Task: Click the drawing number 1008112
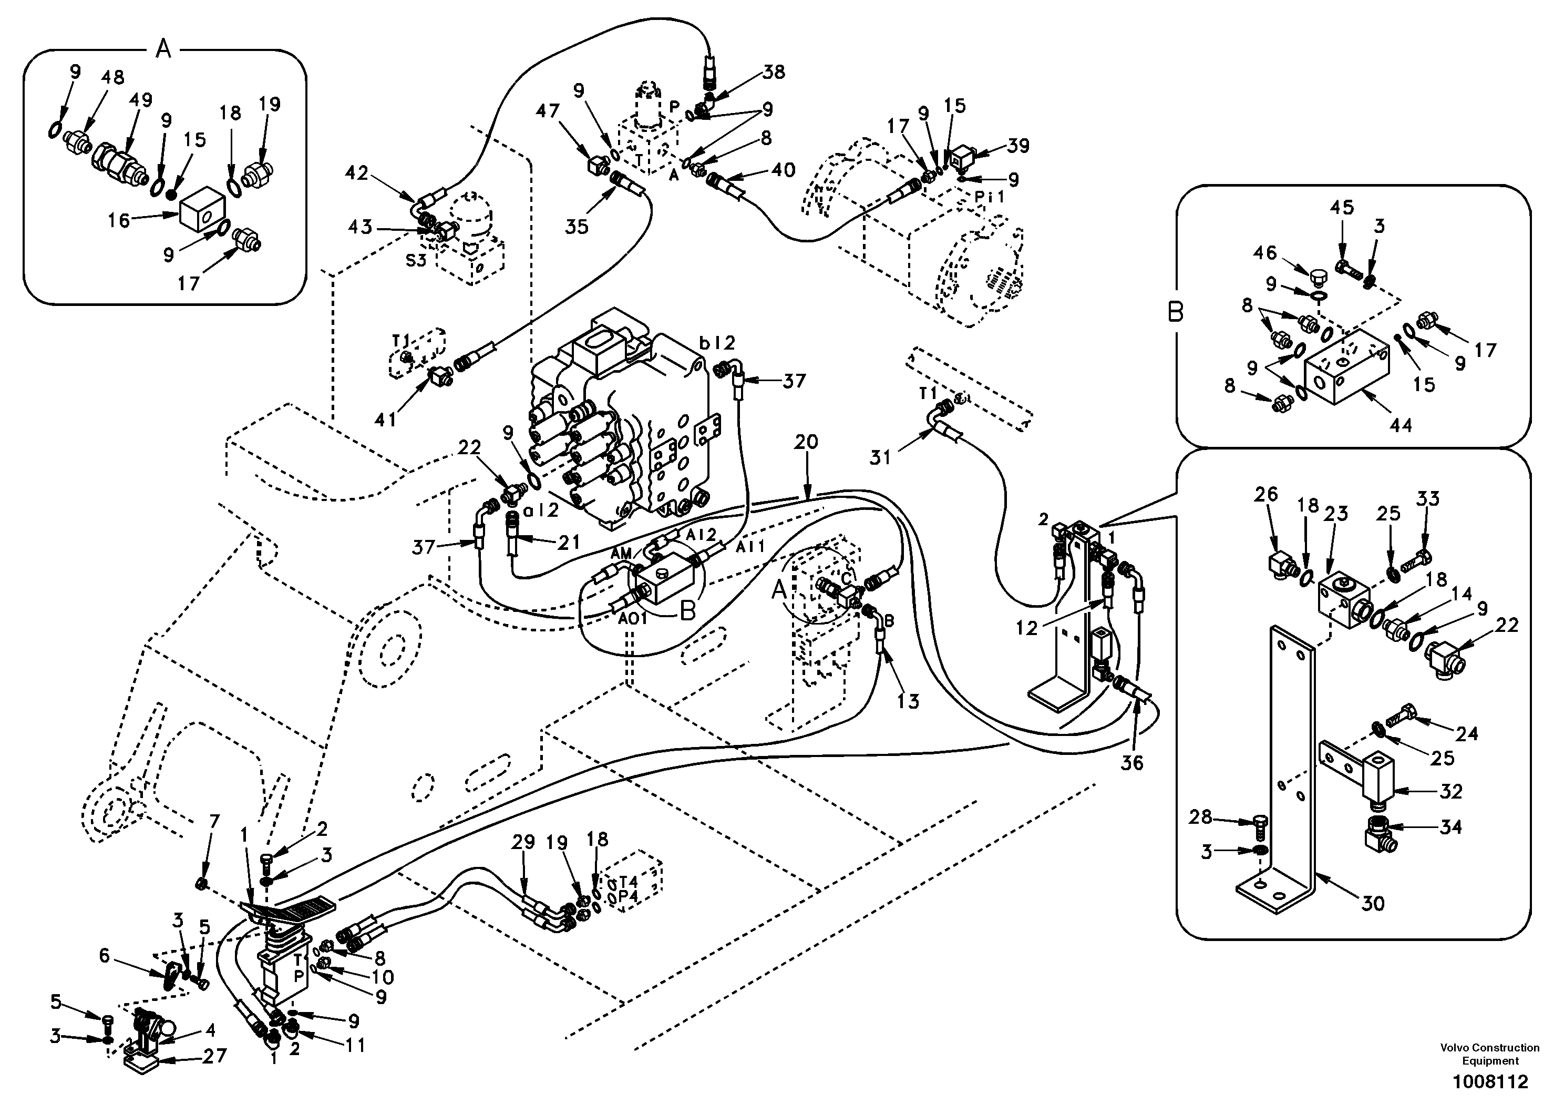pyautogui.click(x=1490, y=1082)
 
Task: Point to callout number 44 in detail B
pyautogui.click(x=1401, y=425)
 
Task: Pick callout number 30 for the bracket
pyautogui.click(x=1373, y=904)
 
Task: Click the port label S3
pyautogui.click(x=416, y=260)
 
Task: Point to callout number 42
pyautogui.click(x=356, y=173)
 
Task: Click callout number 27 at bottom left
pyautogui.click(x=214, y=1056)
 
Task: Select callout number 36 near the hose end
pyautogui.click(x=1132, y=763)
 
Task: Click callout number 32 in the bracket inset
pyautogui.click(x=1452, y=791)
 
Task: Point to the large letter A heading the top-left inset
pyautogui.click(x=163, y=49)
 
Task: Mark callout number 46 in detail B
pyautogui.click(x=1265, y=253)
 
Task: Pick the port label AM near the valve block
pyautogui.click(x=621, y=554)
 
